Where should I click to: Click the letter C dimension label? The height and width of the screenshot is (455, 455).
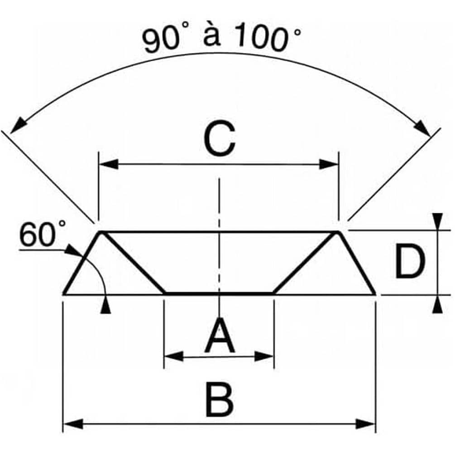point(220,139)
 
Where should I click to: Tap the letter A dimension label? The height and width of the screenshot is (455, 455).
point(220,335)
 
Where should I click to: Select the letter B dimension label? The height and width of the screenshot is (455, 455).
point(220,400)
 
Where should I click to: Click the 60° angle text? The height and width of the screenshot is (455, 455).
point(43,234)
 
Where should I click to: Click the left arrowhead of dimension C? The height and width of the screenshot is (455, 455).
point(109,164)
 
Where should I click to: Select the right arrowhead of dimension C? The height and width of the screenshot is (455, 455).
point(329,164)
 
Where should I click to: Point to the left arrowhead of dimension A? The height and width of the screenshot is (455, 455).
point(173,356)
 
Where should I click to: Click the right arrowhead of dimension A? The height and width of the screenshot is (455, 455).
point(264,356)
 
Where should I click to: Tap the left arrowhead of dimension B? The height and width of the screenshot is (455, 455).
point(73,424)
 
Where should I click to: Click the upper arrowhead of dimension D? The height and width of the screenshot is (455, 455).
point(438,222)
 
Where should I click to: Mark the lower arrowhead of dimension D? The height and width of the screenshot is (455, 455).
point(438,304)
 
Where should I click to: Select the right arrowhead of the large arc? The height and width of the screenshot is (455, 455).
point(422,127)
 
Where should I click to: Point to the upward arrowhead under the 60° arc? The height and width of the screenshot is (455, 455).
point(105,305)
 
